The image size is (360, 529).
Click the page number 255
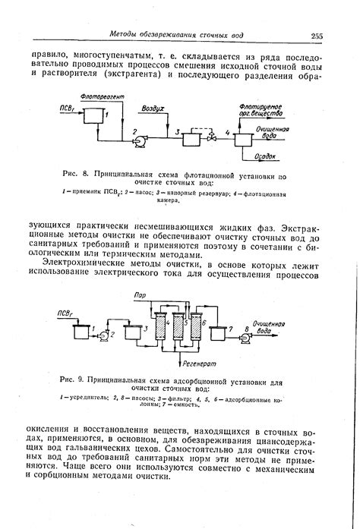(x=317, y=35)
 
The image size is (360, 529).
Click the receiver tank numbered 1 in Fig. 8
(x=94, y=116)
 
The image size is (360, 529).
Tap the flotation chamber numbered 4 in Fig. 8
(x=244, y=137)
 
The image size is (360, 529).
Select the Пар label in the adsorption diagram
(x=139, y=294)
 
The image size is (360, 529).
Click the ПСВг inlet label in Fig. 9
(x=68, y=311)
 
